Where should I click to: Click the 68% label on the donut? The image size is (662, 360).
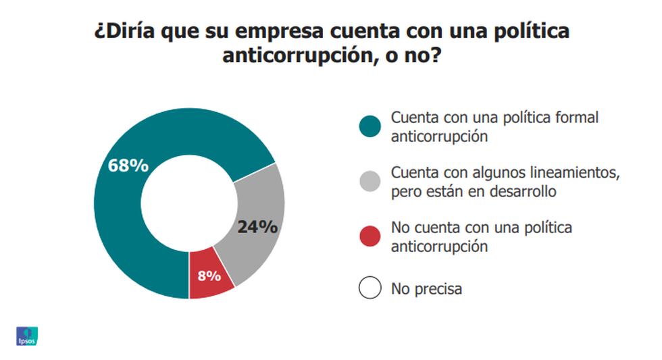pyautogui.click(x=128, y=165)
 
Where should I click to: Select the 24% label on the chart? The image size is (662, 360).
pyautogui.click(x=257, y=227)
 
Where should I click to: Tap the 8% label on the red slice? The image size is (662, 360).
pyautogui.click(x=209, y=275)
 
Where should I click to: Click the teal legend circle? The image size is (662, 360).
pyautogui.click(x=370, y=126)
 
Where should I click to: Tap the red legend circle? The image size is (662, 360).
pyautogui.click(x=370, y=236)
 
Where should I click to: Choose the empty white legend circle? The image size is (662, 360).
pyautogui.click(x=370, y=288)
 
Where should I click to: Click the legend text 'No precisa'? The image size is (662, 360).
pyautogui.click(x=427, y=289)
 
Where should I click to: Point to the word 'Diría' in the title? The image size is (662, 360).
pyautogui.click(x=128, y=32)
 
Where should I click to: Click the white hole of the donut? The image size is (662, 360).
pyautogui.click(x=188, y=203)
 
